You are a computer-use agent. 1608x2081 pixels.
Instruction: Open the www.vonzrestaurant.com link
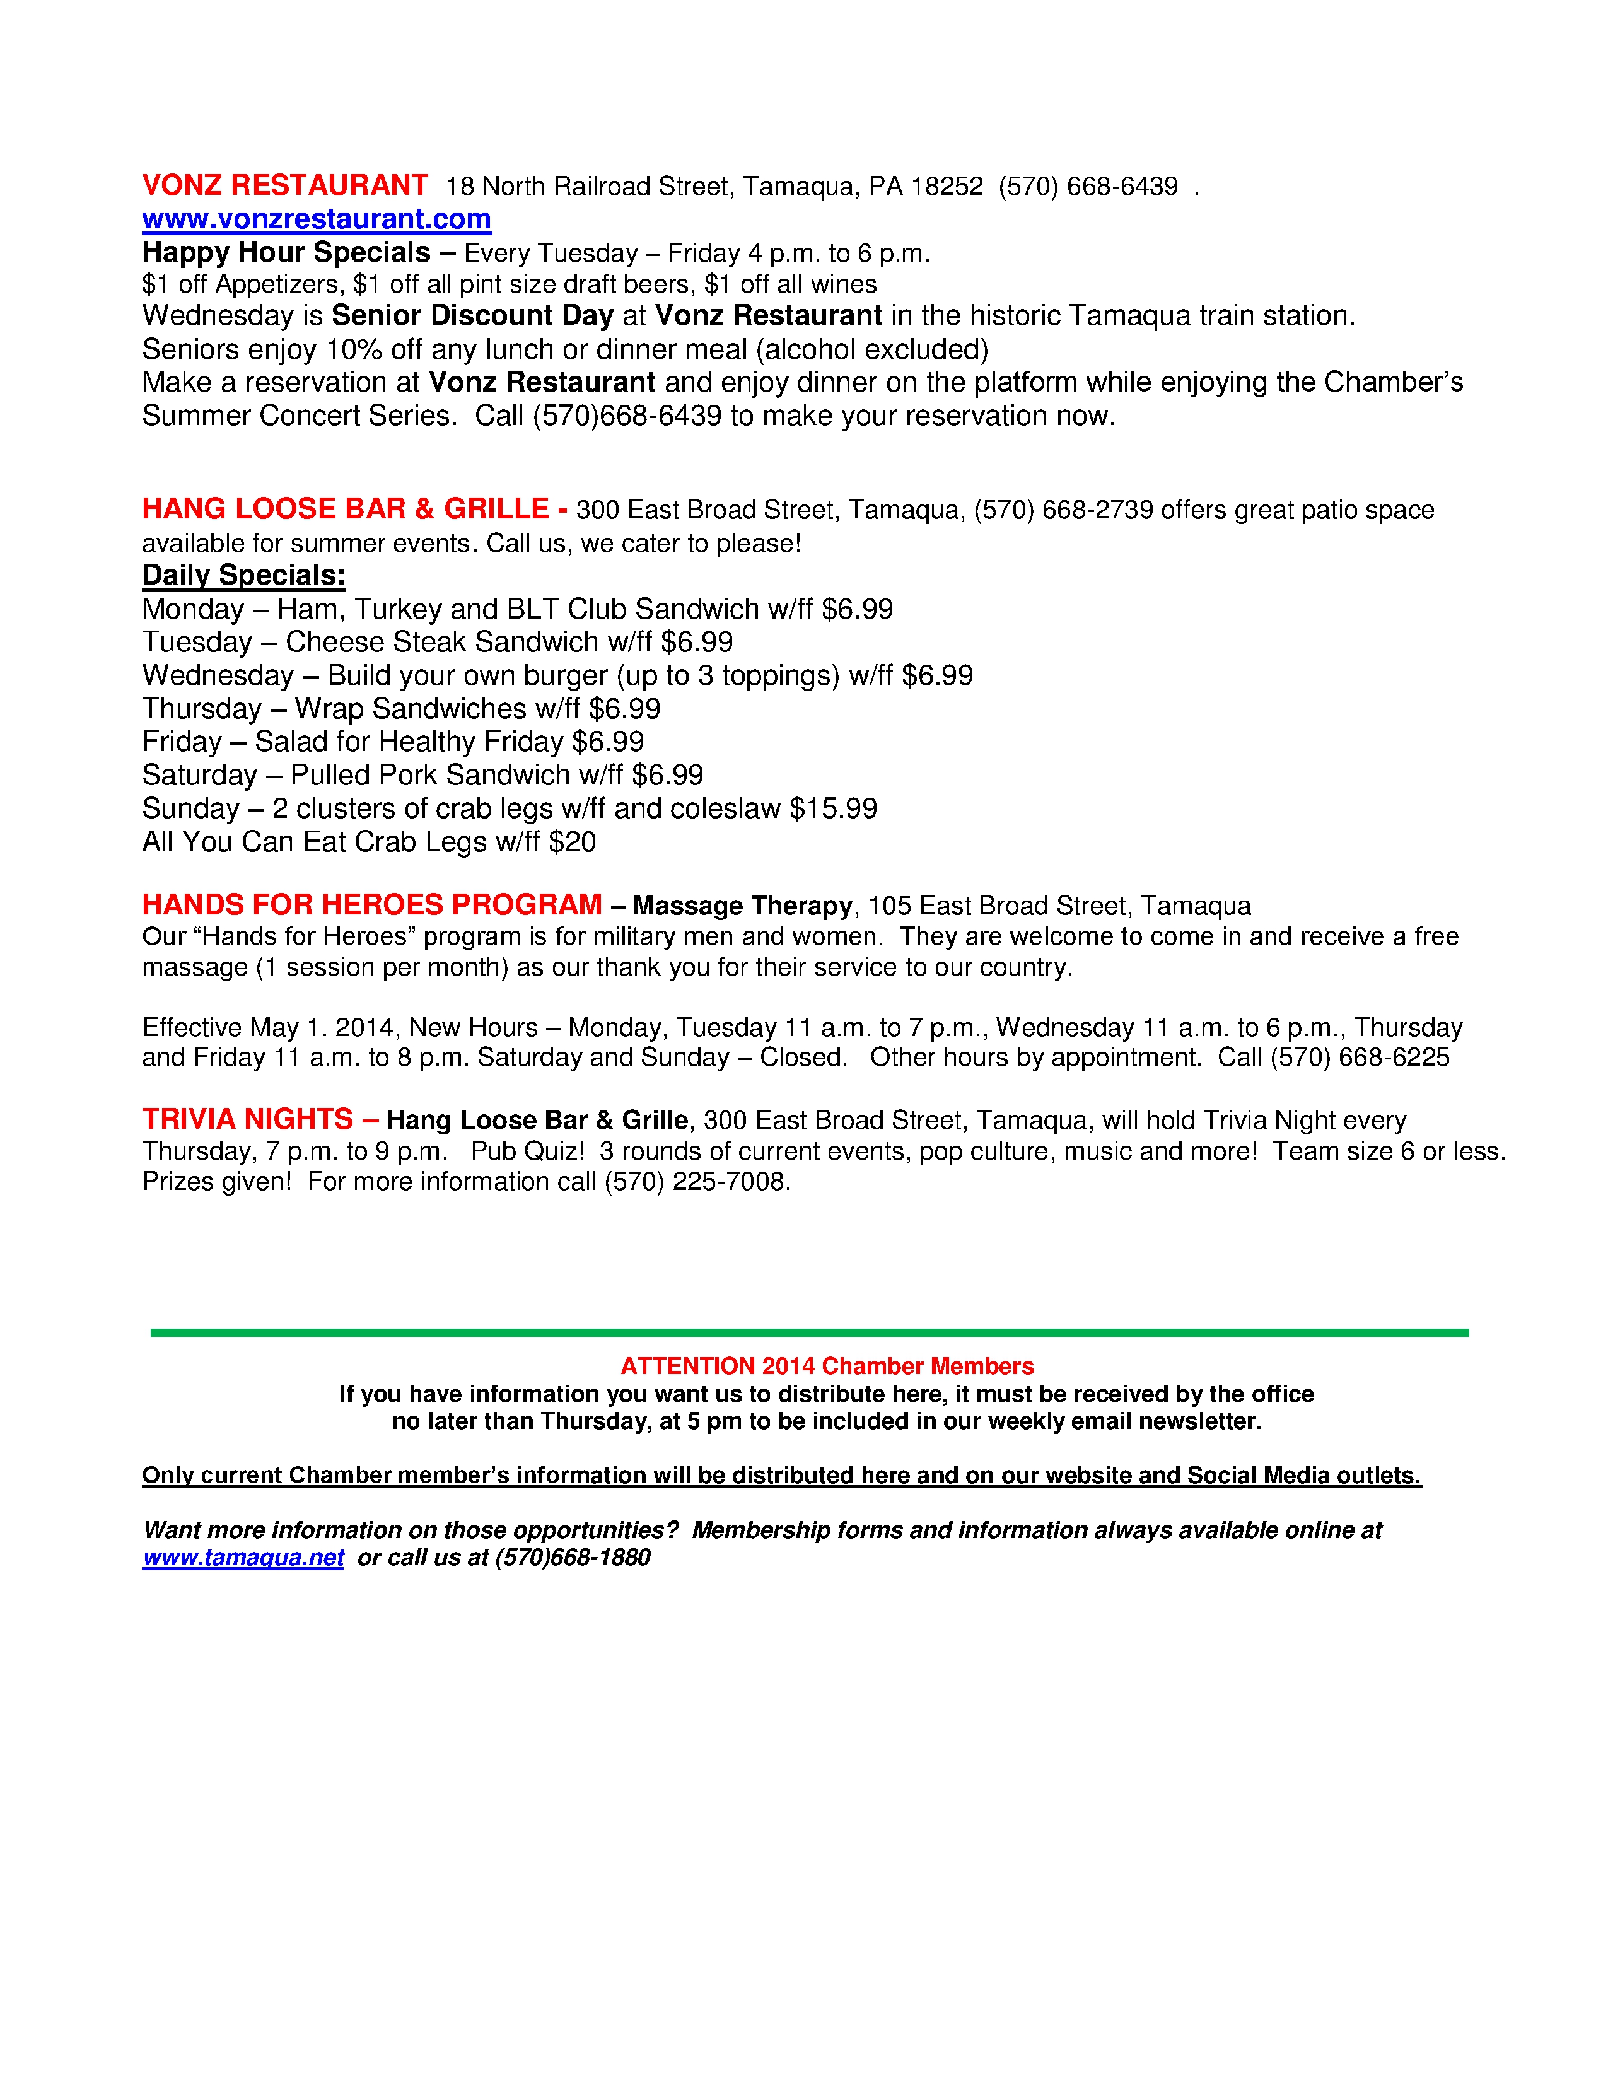pyautogui.click(x=317, y=219)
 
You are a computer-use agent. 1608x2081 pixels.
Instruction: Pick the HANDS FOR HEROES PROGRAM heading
pyautogui.click(x=371, y=904)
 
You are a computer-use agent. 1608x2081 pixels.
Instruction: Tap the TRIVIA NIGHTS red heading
pyautogui.click(x=248, y=1119)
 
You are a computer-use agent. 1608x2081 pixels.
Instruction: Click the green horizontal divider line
pyautogui.click(x=809, y=1332)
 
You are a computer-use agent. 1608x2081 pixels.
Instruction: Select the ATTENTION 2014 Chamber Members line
pyautogui.click(x=827, y=1367)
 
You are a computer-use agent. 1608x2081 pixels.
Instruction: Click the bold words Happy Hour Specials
pyautogui.click(x=286, y=252)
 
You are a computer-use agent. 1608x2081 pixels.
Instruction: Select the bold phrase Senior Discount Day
pyautogui.click(x=472, y=315)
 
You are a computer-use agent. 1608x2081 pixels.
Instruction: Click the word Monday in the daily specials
pyautogui.click(x=192, y=609)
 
